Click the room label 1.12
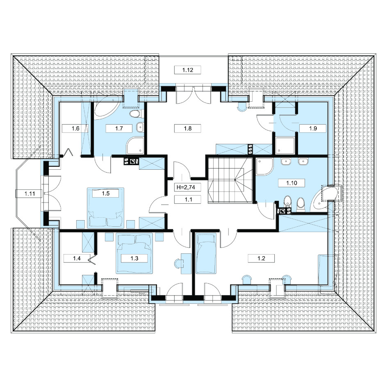coord(188,70)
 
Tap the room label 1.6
coord(75,128)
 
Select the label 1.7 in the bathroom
coord(119,128)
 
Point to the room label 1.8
coord(188,128)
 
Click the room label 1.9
coord(313,128)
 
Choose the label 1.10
coord(291,183)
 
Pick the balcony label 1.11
coord(30,194)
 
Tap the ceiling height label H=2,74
coord(186,187)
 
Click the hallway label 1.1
coord(188,199)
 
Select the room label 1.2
coord(261,258)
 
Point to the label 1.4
coord(77,258)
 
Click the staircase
coord(230,180)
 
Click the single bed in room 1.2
coord(206,253)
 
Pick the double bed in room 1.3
coord(134,253)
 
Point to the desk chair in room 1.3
coord(178,263)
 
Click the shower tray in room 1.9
coord(285,146)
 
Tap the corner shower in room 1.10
coord(264,166)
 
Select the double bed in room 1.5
coord(106,208)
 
